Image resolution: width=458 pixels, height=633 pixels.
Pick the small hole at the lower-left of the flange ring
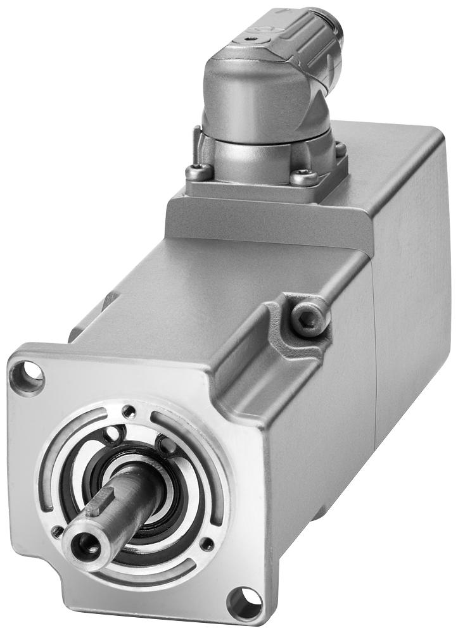[58, 530]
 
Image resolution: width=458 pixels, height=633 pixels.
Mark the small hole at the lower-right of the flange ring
[205, 543]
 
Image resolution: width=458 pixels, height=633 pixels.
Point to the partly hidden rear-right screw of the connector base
[341, 149]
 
